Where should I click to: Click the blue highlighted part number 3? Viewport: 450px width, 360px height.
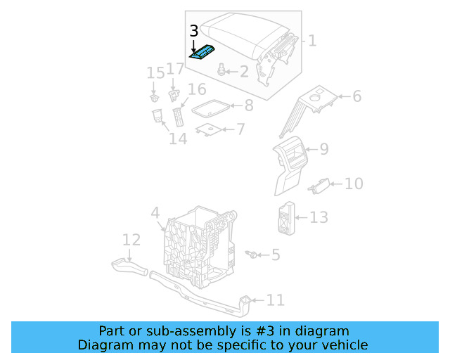(x=202, y=53)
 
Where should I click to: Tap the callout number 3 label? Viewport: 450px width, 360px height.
(x=194, y=31)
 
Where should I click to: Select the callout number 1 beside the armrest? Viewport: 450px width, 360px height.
(x=311, y=41)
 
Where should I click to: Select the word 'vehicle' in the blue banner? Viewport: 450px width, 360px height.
(x=343, y=345)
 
